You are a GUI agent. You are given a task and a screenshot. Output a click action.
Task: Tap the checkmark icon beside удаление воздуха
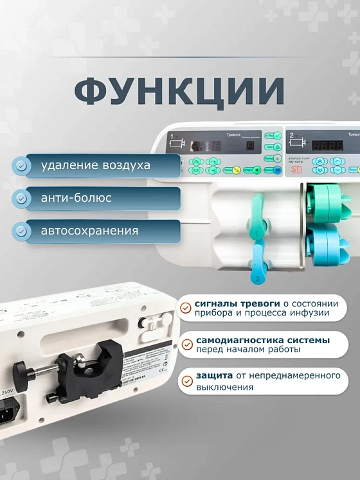[x=22, y=166]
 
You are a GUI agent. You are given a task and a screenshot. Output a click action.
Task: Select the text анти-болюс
[x=76, y=198]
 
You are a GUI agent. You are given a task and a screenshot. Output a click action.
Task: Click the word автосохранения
[x=89, y=230]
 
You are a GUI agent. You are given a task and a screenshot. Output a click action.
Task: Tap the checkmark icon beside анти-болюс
[x=22, y=198]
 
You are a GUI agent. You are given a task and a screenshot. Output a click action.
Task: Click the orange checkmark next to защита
[x=186, y=380]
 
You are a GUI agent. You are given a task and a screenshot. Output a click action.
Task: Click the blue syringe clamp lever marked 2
[x=255, y=268]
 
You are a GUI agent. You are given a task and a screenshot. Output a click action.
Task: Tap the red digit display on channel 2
[x=327, y=145]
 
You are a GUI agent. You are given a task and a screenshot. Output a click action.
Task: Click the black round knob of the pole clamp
[x=24, y=371]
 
